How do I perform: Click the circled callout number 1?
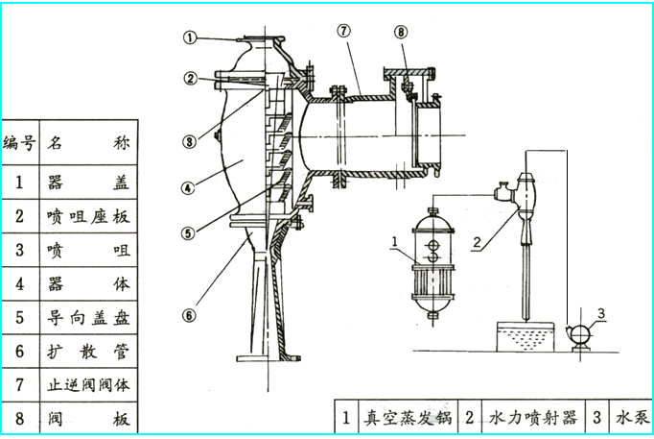[191, 38]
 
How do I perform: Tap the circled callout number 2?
[191, 78]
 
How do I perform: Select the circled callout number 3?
[190, 141]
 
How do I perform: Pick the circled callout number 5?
[190, 232]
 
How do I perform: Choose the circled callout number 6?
[190, 313]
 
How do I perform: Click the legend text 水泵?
[631, 418]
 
